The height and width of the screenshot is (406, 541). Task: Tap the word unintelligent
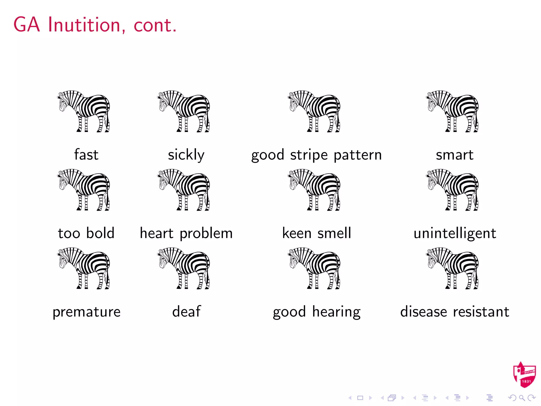(x=455, y=233)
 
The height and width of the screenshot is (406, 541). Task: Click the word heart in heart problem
(x=156, y=233)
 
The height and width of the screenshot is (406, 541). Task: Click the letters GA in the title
(x=27, y=25)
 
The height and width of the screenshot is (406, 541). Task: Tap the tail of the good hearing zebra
(x=338, y=278)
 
